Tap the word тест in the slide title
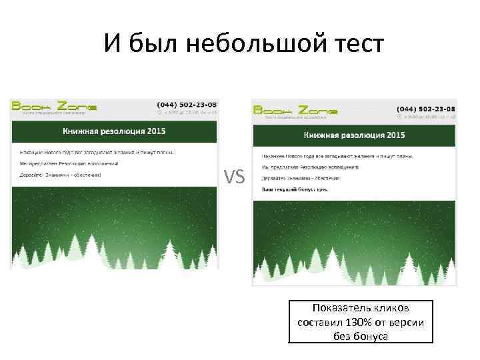point(355,45)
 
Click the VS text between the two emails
point(235,177)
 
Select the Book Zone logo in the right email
point(295,111)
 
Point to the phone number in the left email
point(187,105)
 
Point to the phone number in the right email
point(426,109)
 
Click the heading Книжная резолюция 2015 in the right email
point(354,135)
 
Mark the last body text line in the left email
point(61,175)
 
